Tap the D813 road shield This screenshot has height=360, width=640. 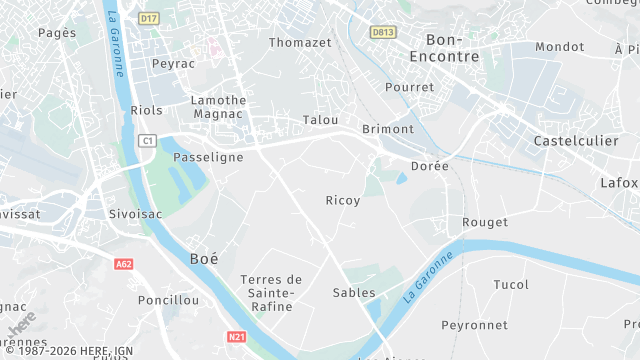click(x=382, y=32)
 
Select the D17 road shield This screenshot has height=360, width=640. click(x=149, y=18)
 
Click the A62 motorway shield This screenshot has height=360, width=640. click(x=124, y=264)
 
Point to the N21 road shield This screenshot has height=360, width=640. click(x=236, y=337)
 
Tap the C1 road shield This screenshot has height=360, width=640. click(x=148, y=141)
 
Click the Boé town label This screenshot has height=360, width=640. click(x=204, y=258)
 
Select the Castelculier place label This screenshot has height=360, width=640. click(x=577, y=141)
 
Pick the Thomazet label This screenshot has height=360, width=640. click(x=300, y=42)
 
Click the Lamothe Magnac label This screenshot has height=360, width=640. click(x=219, y=108)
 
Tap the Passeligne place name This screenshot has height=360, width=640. click(x=209, y=158)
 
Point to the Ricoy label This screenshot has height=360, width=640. click(x=343, y=201)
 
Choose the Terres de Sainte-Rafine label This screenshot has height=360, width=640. click(x=271, y=293)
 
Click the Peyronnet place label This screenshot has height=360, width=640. click(x=474, y=325)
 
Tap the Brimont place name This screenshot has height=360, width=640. click(x=387, y=129)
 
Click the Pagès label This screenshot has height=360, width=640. click(x=57, y=33)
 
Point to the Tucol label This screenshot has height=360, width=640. click(x=511, y=285)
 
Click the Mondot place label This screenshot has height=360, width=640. click(x=560, y=47)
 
